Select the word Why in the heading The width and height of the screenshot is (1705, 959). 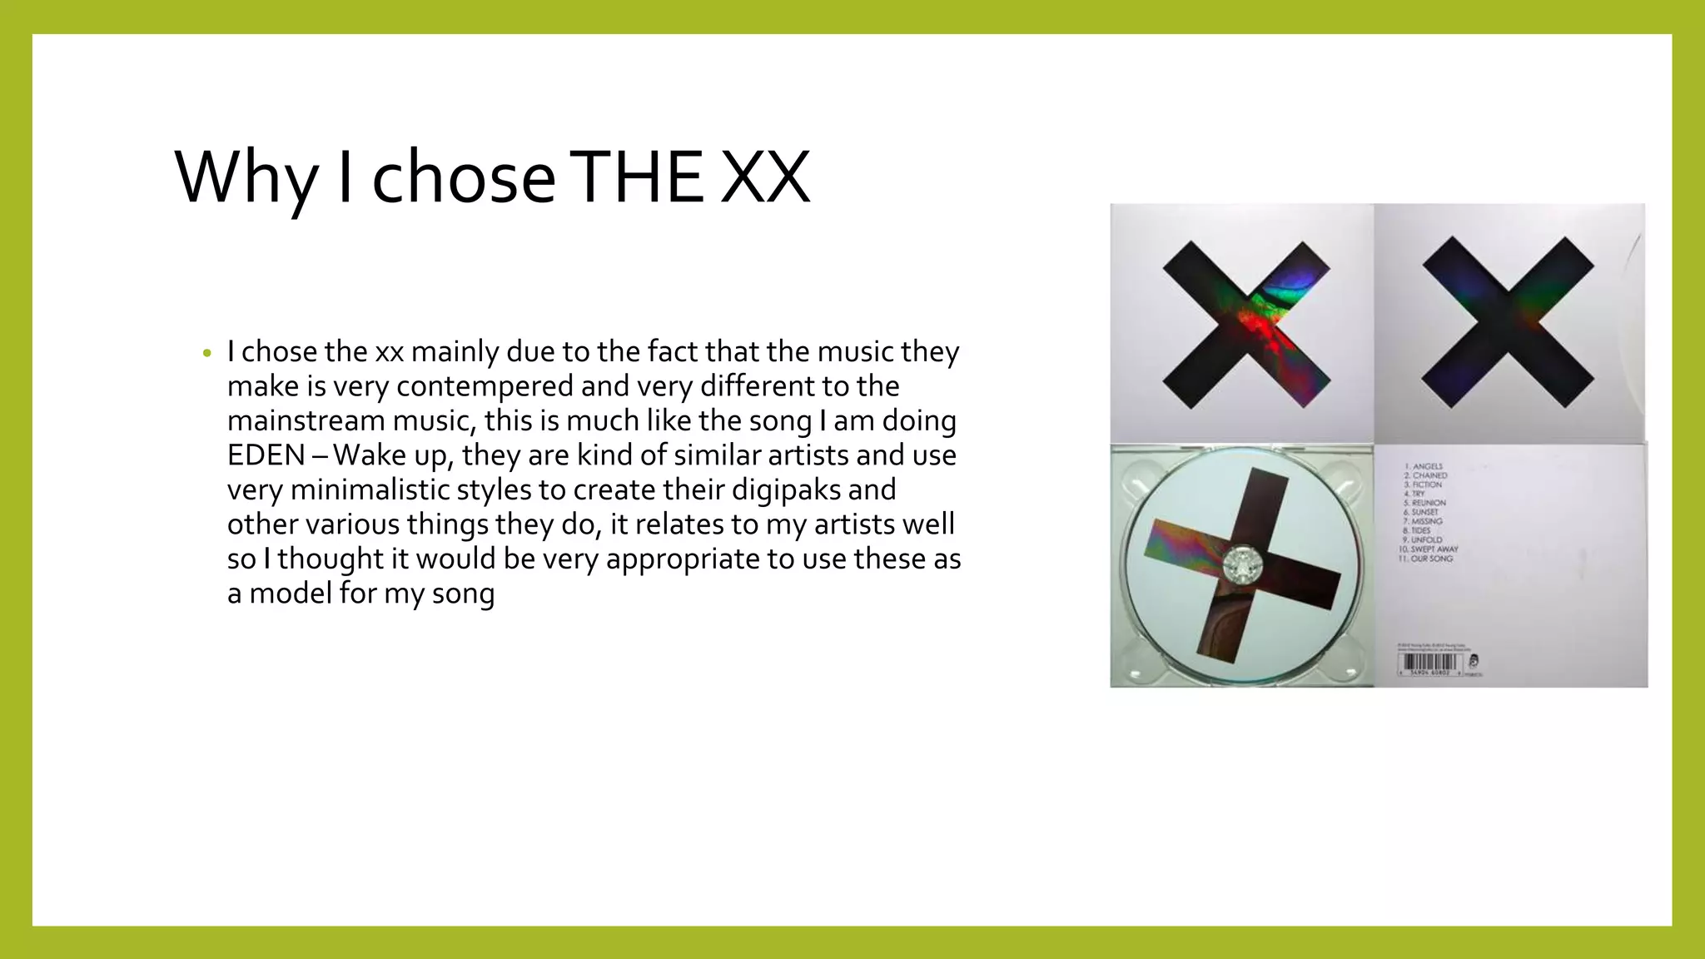[x=246, y=178]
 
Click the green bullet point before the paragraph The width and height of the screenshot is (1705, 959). [x=207, y=353]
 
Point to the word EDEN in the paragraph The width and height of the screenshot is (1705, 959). [x=266, y=455]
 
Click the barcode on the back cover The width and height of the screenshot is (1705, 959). [x=1428, y=663]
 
